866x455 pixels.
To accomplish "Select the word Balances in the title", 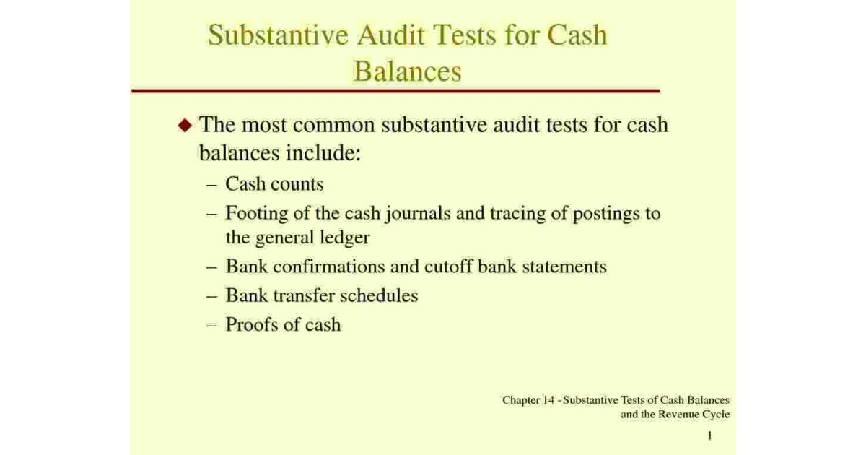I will click(x=407, y=71).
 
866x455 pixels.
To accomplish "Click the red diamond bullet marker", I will click(x=185, y=126).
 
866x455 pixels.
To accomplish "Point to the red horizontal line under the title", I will click(x=395, y=91).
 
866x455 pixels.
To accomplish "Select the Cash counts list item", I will click(x=274, y=184).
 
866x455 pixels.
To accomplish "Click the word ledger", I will click(x=344, y=237).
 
